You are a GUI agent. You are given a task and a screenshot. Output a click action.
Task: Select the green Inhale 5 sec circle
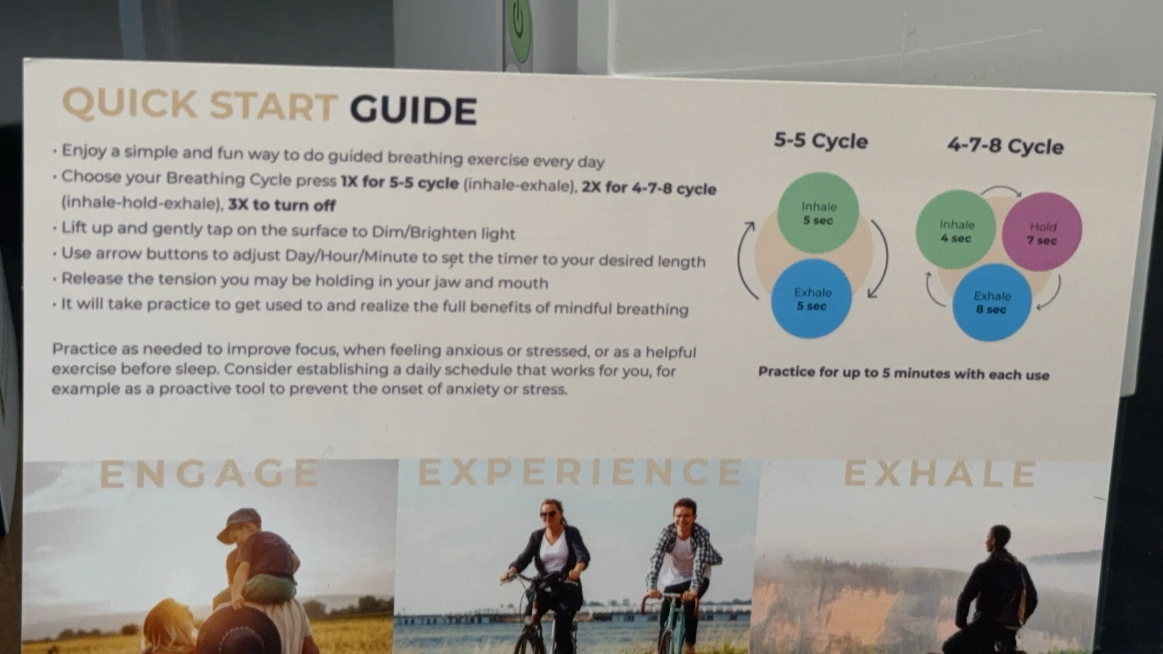[818, 212]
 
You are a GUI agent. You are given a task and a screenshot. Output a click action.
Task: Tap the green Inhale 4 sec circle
[956, 230]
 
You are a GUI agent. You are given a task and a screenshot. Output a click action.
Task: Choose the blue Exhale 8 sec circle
[992, 302]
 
